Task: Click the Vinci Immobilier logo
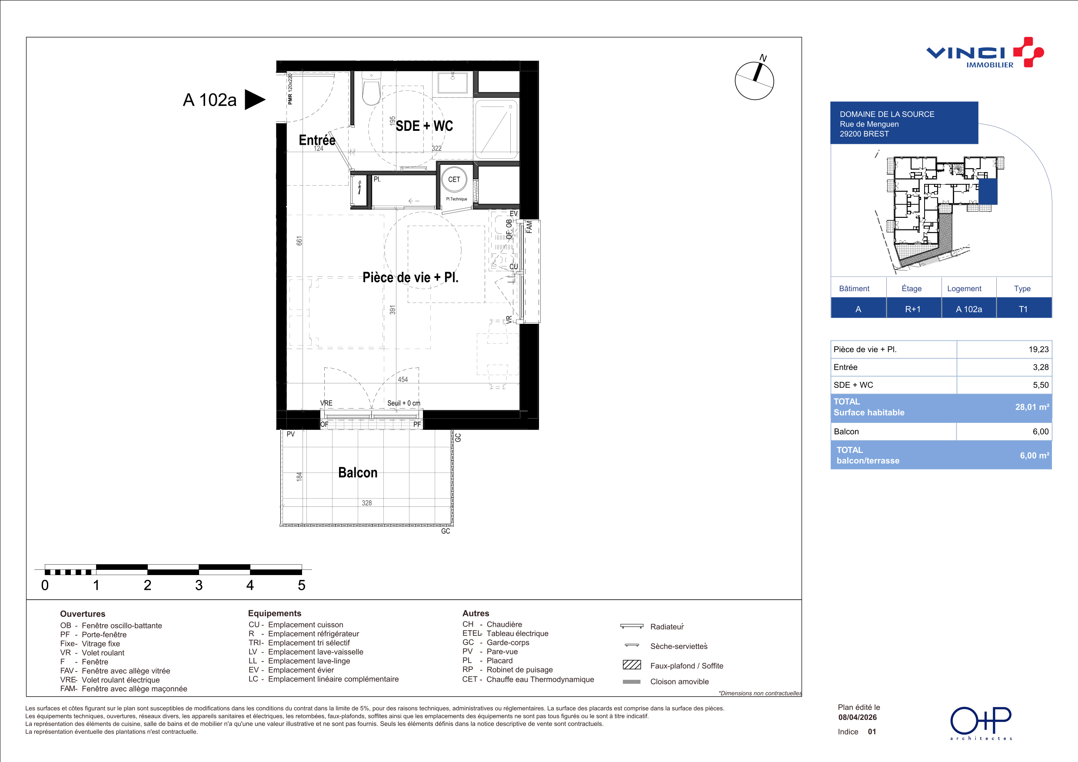pyautogui.click(x=985, y=53)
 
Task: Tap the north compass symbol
pyautogui.click(x=755, y=79)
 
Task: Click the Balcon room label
pyautogui.click(x=358, y=473)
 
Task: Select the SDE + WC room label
pyautogui.click(x=424, y=126)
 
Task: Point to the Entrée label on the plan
pyautogui.click(x=317, y=140)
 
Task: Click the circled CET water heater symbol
pyautogui.click(x=454, y=180)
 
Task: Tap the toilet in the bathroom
pyautogui.click(x=371, y=89)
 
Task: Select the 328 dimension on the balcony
pyautogui.click(x=367, y=503)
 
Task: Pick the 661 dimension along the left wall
pyautogui.click(x=299, y=241)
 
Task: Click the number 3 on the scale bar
pyautogui.click(x=199, y=585)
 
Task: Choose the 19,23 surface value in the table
pyautogui.click(x=1038, y=349)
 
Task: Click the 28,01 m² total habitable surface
pyautogui.click(x=1032, y=407)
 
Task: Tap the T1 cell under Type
pyautogui.click(x=1023, y=309)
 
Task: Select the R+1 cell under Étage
pyautogui.click(x=913, y=309)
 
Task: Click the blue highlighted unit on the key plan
pyautogui.click(x=988, y=192)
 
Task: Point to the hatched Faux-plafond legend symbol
pyautogui.click(x=632, y=665)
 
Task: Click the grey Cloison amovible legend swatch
pyautogui.click(x=632, y=682)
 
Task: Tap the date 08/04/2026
pyautogui.click(x=857, y=717)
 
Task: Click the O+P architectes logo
pyautogui.click(x=981, y=722)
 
